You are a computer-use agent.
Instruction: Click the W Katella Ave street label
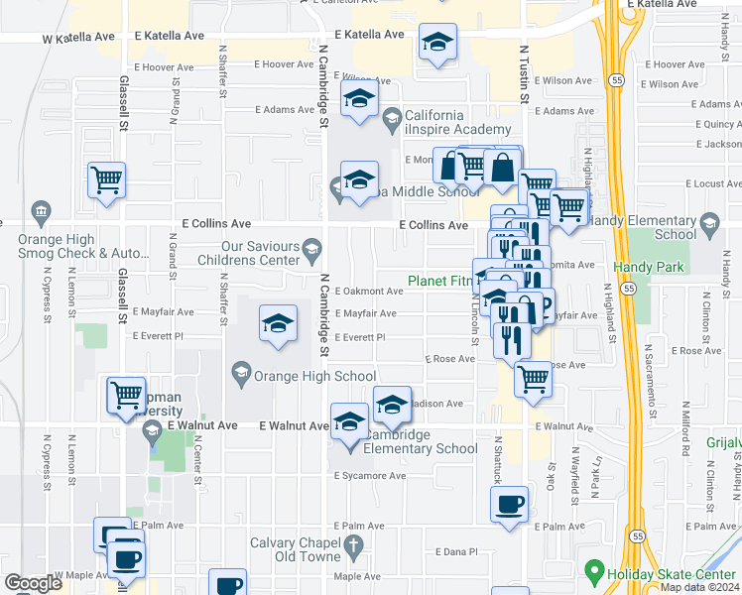pos(78,38)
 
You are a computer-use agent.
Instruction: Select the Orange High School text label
pos(315,376)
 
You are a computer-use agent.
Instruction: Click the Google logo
pos(33,583)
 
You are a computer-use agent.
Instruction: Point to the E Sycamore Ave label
pos(370,476)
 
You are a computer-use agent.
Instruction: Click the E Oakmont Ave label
pos(368,292)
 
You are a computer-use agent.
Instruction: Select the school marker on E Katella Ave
pos(436,44)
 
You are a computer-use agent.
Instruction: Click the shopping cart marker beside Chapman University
pos(127,395)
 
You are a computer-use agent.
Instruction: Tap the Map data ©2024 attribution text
pos(698,587)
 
